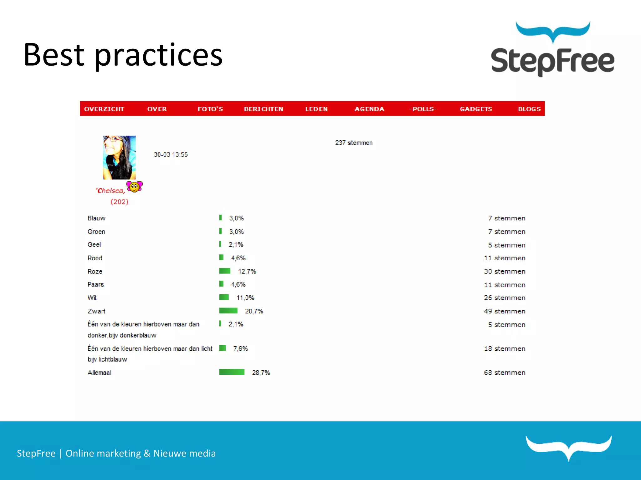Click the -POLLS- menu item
(x=423, y=109)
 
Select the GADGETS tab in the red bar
(x=476, y=109)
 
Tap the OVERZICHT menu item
(x=104, y=109)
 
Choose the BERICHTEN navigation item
(x=264, y=109)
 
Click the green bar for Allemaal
(x=232, y=372)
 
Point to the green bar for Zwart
(x=228, y=311)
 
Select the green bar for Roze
(x=225, y=271)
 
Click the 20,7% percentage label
(x=254, y=311)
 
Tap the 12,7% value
(x=247, y=272)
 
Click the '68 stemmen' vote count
(x=505, y=373)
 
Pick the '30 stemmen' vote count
(x=505, y=272)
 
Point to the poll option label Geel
(x=94, y=245)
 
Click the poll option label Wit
(x=92, y=298)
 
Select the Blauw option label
(x=96, y=218)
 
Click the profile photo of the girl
(x=119, y=157)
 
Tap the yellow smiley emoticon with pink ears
(x=135, y=187)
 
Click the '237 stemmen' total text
(x=354, y=143)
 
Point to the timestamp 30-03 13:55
(x=171, y=154)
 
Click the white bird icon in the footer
(x=568, y=447)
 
